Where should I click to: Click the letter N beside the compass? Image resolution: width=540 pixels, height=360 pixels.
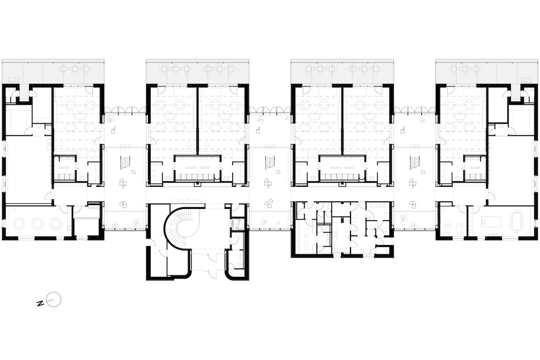click(x=40, y=303)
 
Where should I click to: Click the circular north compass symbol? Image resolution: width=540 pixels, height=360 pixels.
click(x=54, y=300)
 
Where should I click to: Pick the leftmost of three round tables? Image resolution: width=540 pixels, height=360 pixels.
click(x=19, y=224)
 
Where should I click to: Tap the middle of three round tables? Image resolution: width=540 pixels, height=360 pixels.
click(x=37, y=224)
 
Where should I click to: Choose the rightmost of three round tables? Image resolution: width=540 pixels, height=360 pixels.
click(x=56, y=224)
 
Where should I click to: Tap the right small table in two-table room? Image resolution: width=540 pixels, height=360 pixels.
click(x=459, y=227)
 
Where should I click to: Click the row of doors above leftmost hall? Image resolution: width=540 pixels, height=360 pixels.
click(x=124, y=110)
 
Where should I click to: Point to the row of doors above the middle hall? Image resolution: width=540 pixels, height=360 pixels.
click(x=269, y=110)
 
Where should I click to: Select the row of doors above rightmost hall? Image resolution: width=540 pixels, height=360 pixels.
click(x=415, y=110)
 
